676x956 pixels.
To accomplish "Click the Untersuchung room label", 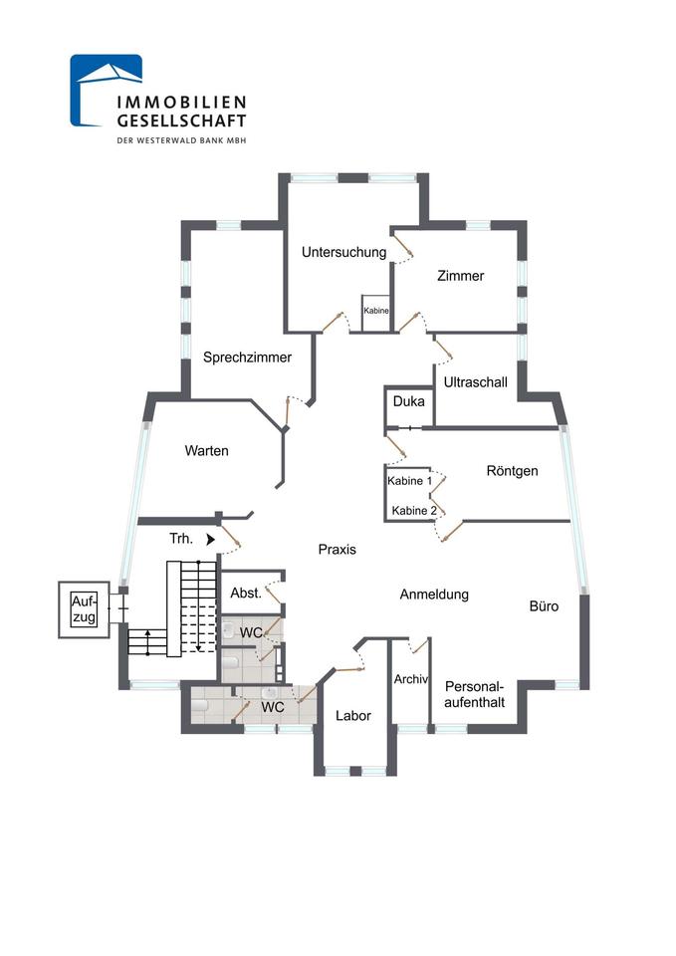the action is coord(343,253).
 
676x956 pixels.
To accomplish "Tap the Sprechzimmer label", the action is coord(247,358).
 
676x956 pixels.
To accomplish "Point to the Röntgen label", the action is coord(512,471).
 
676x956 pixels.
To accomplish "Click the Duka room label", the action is coord(409,403).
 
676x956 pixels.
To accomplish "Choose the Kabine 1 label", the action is coord(410,481).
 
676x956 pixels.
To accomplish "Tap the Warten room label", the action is coord(206,451).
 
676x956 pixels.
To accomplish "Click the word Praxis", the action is coord(337,550).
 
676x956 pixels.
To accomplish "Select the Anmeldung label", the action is coord(433,595).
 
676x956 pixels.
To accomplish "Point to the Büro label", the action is coord(544,605).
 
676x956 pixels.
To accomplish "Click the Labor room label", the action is coord(352,716).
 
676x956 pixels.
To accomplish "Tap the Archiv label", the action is coord(410,681).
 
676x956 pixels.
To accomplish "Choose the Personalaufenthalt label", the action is coord(475,694).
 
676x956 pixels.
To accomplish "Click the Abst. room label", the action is coord(245,594).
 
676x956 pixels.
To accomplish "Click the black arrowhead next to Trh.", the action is coord(210,540).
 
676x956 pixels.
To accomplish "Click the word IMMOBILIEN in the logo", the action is coord(181,102).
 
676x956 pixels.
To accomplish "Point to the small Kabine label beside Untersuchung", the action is coord(376,312).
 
